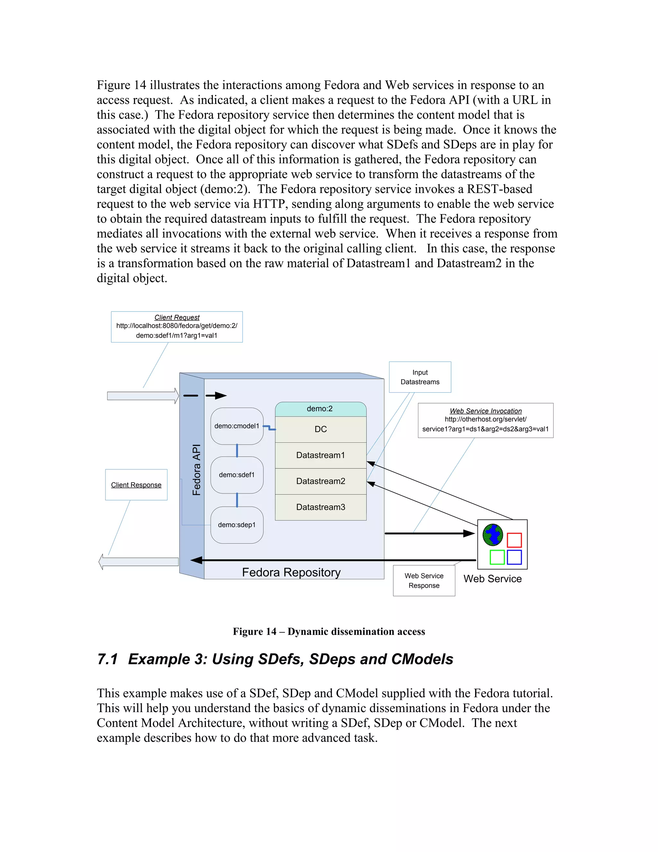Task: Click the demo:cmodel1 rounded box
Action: pos(236,426)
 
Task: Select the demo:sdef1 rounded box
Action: pos(236,475)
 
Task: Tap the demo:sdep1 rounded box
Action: pos(236,525)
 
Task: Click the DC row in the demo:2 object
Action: pos(320,429)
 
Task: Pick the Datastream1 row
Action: pos(320,455)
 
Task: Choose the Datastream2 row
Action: pos(320,481)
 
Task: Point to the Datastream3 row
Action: pos(320,507)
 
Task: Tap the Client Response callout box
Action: pos(136,485)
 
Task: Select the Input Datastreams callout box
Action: pos(420,377)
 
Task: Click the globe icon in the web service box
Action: pos(493,534)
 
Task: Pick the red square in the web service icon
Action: pos(514,540)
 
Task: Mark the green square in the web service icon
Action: pos(497,557)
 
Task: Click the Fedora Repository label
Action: pos(291,572)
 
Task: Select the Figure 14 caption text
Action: pos(329,631)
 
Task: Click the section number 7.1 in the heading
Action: pos(108,659)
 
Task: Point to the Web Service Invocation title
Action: pos(485,411)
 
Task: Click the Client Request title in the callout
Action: pos(177,318)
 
